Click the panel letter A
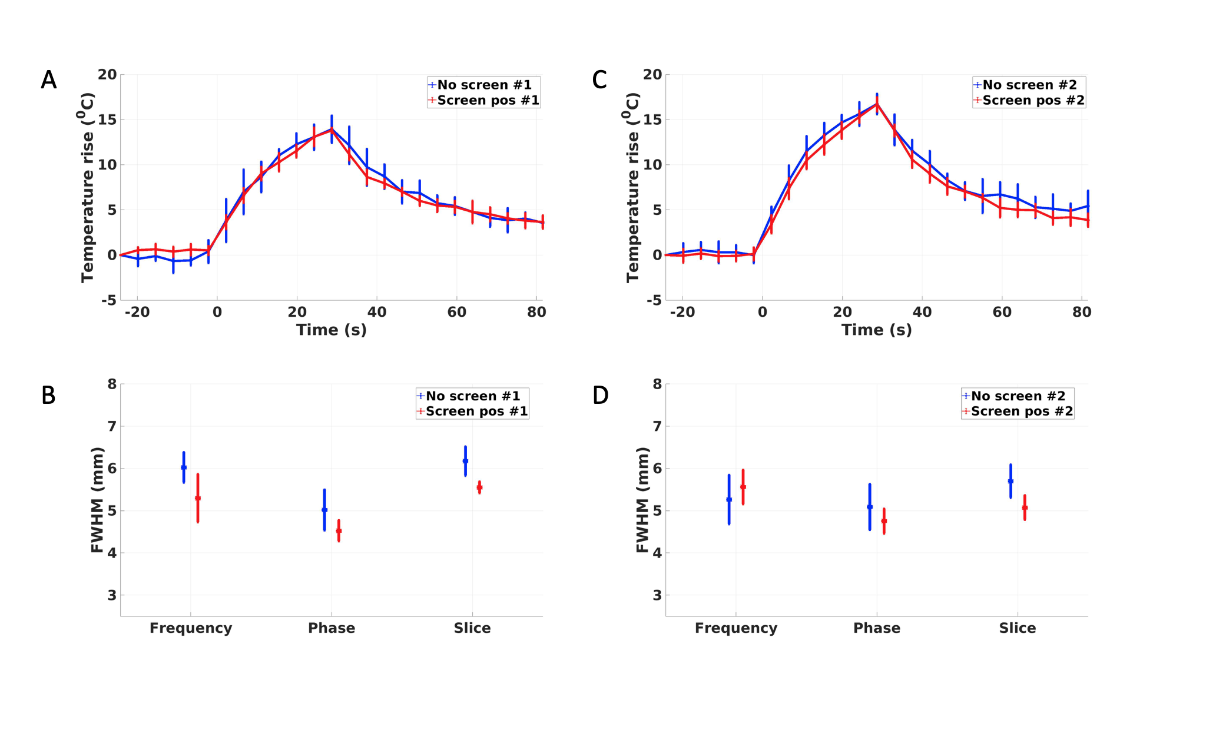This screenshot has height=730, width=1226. click(49, 80)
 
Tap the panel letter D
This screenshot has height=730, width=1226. click(600, 396)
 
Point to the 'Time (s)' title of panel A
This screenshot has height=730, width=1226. click(331, 330)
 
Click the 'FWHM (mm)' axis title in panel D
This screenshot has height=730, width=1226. click(642, 500)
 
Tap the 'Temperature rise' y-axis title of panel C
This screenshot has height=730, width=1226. click(632, 187)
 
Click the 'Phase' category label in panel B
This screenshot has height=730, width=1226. click(332, 628)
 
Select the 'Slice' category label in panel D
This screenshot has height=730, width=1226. click(1017, 628)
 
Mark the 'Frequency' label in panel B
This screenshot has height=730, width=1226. click(191, 628)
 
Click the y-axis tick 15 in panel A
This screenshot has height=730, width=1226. click(108, 120)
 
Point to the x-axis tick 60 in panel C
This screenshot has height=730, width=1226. click(1002, 312)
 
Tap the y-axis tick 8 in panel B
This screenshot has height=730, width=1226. click(112, 384)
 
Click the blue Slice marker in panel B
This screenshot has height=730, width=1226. click(465, 461)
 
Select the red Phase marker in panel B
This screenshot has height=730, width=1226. click(339, 531)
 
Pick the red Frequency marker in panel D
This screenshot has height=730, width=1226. click(743, 487)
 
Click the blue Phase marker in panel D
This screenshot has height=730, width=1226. click(870, 507)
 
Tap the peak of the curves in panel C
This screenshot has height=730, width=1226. click(877, 104)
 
